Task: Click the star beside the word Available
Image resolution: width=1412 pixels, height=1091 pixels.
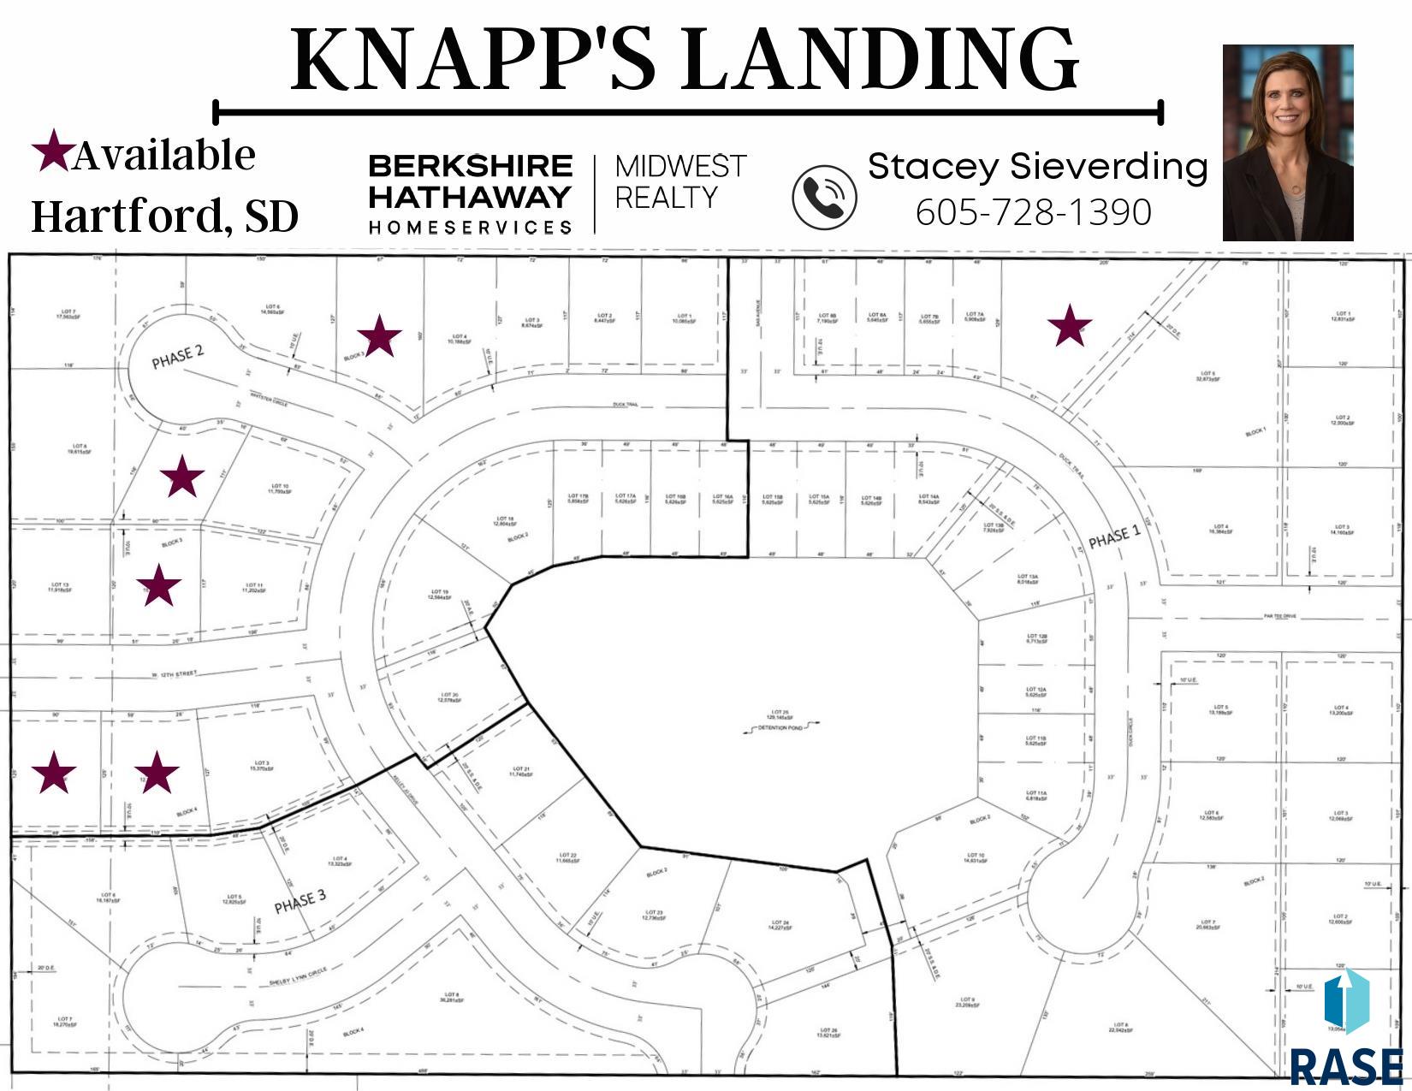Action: pos(51,151)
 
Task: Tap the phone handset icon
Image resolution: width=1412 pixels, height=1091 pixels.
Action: pos(823,198)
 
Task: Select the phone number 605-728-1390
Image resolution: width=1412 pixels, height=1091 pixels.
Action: pos(1033,212)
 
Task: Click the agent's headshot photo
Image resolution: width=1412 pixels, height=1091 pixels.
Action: pos(1287,143)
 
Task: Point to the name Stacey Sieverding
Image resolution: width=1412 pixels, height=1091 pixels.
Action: pos(1037,166)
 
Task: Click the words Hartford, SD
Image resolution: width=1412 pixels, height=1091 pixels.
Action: pos(164,216)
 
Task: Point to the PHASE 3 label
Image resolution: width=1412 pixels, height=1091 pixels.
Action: pos(300,902)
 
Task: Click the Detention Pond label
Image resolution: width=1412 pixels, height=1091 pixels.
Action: pos(780,727)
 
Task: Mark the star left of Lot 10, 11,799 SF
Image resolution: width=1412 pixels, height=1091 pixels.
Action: pos(182,477)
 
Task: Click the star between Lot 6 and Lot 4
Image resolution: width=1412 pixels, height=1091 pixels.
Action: pos(379,335)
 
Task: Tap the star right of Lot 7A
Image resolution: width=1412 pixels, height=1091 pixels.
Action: pos(1069,326)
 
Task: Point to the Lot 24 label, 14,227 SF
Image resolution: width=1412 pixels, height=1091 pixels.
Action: pos(778,924)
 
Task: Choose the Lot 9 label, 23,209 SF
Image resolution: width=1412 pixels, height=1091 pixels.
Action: pos(966,1001)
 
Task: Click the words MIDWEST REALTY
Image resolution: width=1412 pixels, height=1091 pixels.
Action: pos(680,181)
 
